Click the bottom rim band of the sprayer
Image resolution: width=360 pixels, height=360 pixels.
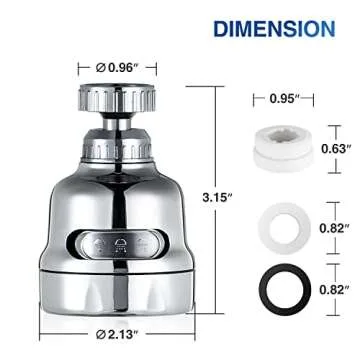[116, 290]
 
